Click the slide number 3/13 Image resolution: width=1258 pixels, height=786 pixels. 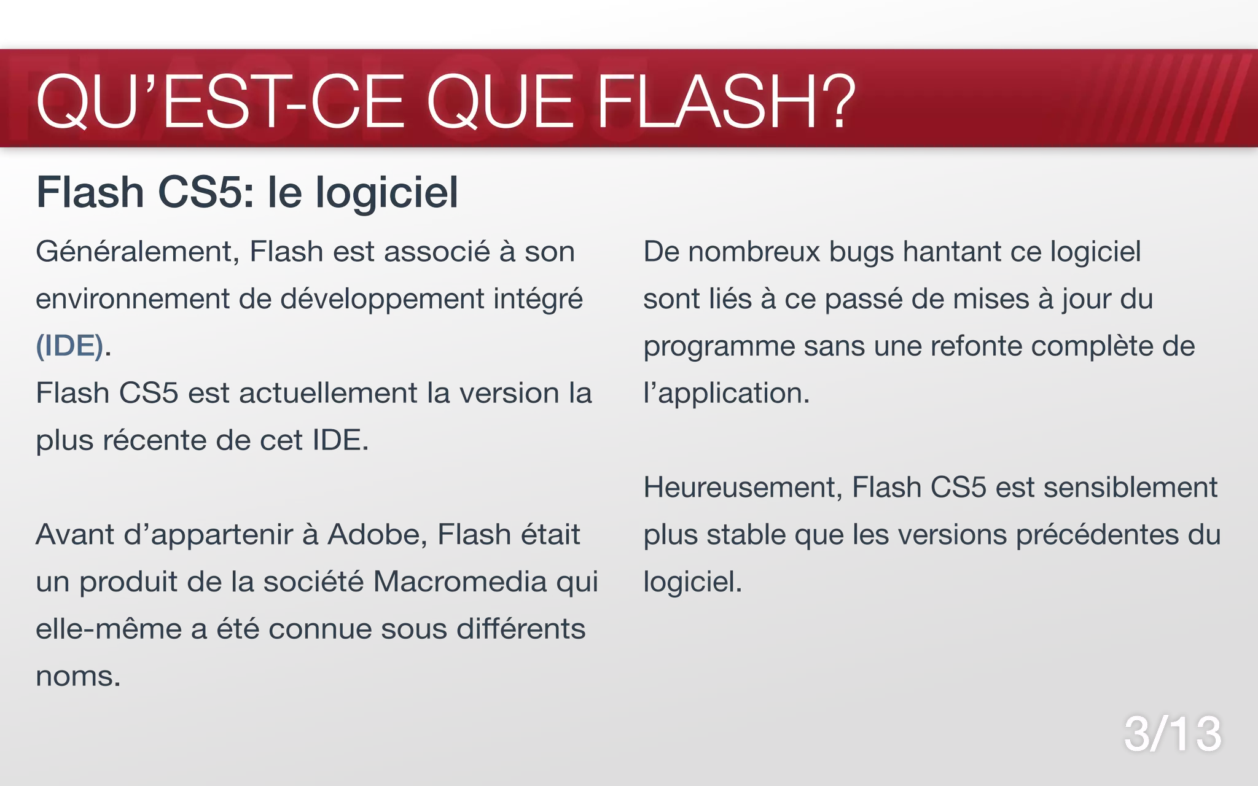coord(1172,734)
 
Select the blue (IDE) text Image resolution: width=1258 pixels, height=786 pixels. coord(69,346)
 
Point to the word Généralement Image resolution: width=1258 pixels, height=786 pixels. coord(137,252)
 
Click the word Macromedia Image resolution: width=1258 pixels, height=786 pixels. coord(459,582)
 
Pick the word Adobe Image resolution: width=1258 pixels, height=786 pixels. coord(377,535)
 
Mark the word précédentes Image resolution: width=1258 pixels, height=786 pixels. coord(1097,535)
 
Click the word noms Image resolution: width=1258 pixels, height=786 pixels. coord(77,677)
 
